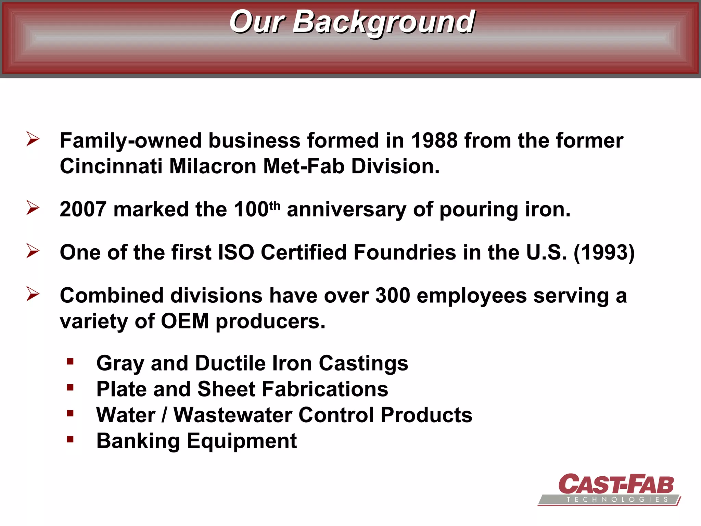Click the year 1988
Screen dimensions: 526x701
[434, 141]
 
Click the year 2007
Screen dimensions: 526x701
[83, 210]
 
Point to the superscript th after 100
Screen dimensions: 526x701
[275, 205]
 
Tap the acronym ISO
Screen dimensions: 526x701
[236, 253]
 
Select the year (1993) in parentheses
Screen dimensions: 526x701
[604, 253]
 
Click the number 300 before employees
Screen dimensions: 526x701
[393, 296]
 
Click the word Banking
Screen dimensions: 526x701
[138, 441]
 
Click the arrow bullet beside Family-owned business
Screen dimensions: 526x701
[33, 139]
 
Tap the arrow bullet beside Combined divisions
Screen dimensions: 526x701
[33, 294]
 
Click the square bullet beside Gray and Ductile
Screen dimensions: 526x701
[70, 362]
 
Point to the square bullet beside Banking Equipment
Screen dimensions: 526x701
[70, 439]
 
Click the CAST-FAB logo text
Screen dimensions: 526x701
[616, 485]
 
